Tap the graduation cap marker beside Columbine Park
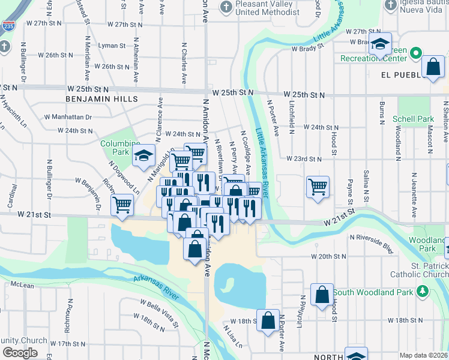pos(143,157)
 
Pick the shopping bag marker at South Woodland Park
pos(322,294)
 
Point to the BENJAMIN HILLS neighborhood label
pos(102,98)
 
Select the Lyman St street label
pos(112,46)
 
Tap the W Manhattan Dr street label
pos(67,117)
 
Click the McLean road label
pos(22,286)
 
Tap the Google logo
pos(20,353)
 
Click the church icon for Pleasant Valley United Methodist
pos(226,7)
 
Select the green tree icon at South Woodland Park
pos(423,292)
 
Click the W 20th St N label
pos(329,256)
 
